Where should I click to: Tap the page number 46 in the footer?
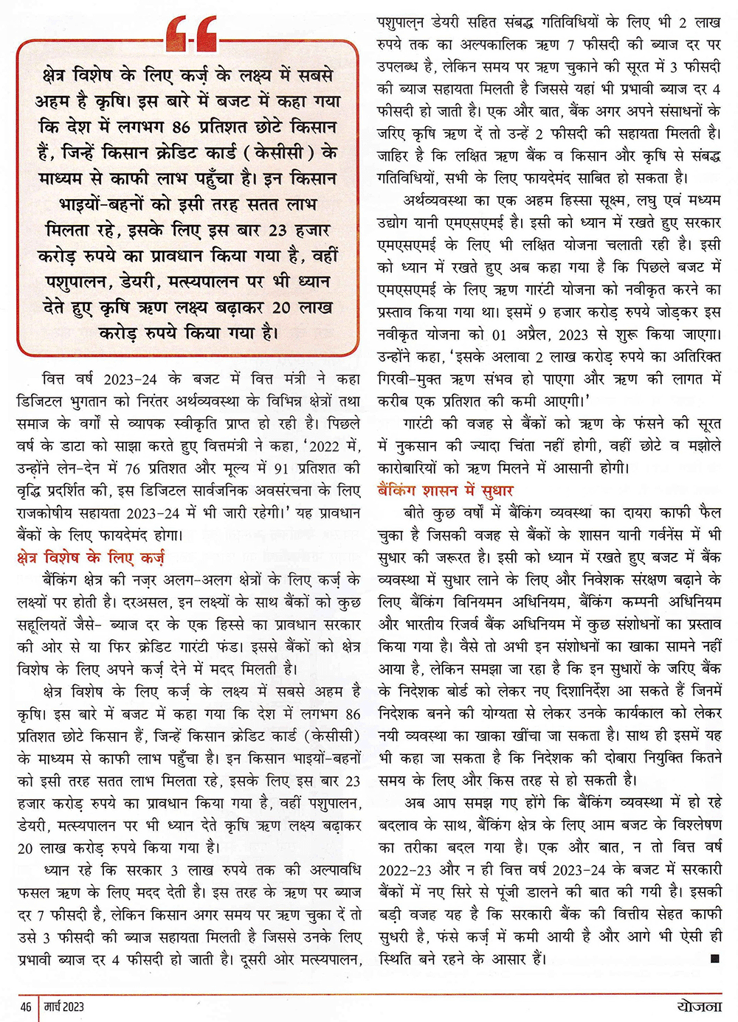point(26,1007)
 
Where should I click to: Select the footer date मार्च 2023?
point(63,1007)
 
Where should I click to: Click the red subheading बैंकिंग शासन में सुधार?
point(445,490)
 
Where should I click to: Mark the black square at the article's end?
point(714,959)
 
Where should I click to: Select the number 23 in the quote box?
point(277,230)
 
